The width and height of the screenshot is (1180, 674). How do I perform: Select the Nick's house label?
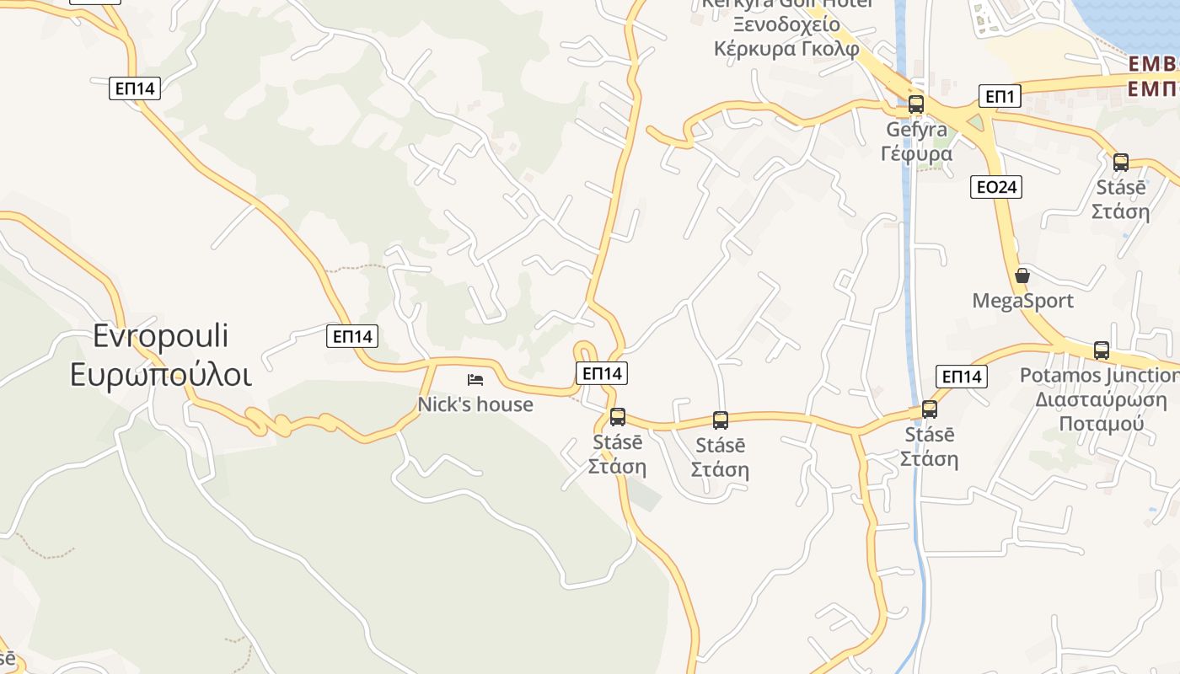point(475,404)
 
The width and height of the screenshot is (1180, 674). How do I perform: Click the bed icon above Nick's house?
point(475,380)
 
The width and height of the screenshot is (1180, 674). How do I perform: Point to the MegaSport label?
point(1022,301)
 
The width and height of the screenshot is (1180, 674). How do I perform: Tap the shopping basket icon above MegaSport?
point(1022,275)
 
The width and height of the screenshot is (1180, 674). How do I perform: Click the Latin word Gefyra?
point(916,130)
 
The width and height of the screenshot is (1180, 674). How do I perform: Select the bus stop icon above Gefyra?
point(916,105)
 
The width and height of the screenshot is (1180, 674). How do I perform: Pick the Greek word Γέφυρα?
point(916,153)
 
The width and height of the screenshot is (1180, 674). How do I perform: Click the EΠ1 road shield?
point(1000,96)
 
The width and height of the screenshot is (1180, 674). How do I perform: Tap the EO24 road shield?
point(996,187)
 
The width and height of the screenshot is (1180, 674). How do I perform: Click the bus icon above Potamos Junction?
point(1101,350)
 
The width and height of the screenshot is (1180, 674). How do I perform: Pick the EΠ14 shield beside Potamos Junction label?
point(962,377)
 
